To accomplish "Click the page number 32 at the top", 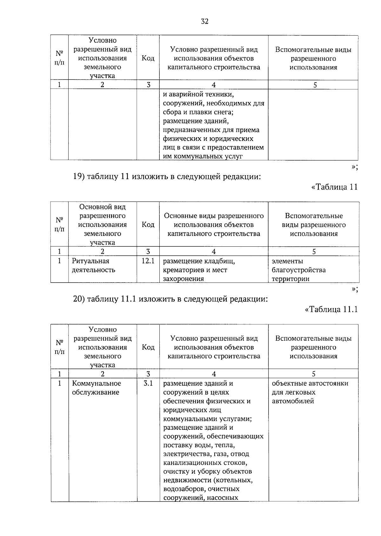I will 204,22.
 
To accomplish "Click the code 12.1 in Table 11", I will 148,261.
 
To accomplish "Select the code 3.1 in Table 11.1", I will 148,383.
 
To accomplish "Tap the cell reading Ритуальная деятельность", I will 94,265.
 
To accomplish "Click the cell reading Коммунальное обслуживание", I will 97,388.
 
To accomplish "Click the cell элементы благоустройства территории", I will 298,270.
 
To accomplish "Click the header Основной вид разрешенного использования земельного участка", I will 102,224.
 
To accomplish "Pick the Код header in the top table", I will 148,58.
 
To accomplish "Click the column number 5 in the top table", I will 315,85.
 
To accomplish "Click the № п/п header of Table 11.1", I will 59,347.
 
